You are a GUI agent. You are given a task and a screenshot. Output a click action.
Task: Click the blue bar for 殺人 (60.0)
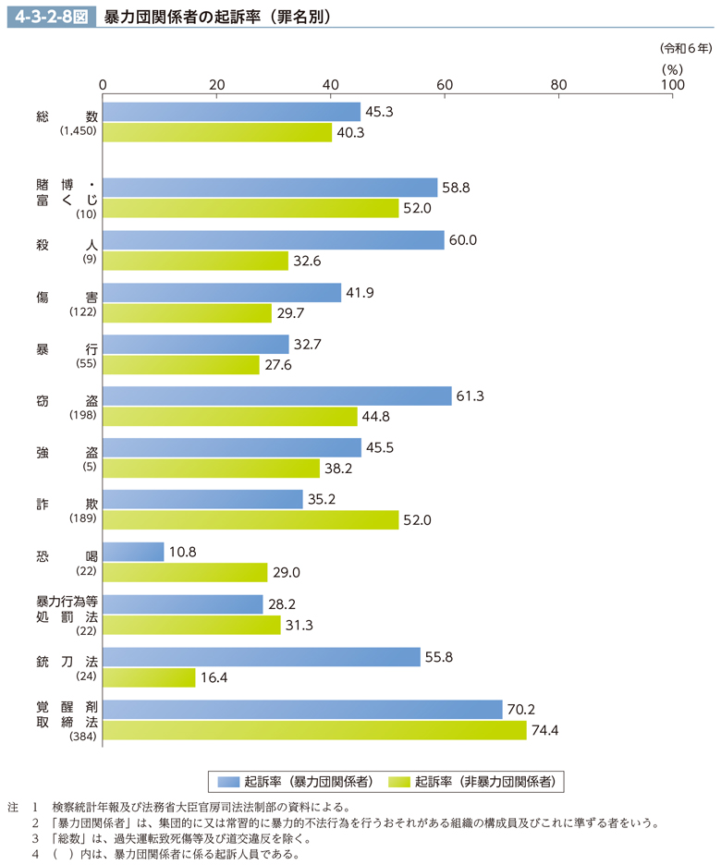click(274, 239)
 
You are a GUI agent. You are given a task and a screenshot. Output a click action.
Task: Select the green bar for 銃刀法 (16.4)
click(150, 677)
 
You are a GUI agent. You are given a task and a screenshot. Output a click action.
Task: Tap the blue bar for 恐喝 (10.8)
click(133, 552)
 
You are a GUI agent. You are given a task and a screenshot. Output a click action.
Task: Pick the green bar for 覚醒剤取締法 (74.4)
click(314, 730)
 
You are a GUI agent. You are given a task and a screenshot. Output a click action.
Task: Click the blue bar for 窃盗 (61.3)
click(277, 396)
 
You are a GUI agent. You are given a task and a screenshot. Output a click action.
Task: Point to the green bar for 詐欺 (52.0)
click(251, 520)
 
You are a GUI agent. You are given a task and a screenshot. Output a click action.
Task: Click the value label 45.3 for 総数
click(380, 112)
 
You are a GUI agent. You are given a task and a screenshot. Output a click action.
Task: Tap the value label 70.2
click(521, 710)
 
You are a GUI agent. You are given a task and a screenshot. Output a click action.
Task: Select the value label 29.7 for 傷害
click(291, 312)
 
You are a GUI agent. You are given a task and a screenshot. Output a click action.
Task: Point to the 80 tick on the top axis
click(558, 84)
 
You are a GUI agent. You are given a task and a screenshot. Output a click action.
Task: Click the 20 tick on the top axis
click(217, 84)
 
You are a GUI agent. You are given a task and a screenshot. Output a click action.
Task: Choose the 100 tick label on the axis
click(672, 84)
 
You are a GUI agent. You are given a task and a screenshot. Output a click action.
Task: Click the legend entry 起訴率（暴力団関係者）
click(295, 781)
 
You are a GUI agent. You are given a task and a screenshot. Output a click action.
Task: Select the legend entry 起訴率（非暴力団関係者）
click(474, 781)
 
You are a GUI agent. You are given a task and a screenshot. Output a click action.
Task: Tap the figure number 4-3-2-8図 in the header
click(48, 17)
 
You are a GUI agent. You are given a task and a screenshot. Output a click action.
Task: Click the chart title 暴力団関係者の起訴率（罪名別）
click(218, 17)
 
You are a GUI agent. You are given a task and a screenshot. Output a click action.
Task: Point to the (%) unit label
click(672, 67)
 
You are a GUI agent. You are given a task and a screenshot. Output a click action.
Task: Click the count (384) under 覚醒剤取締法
click(82, 737)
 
